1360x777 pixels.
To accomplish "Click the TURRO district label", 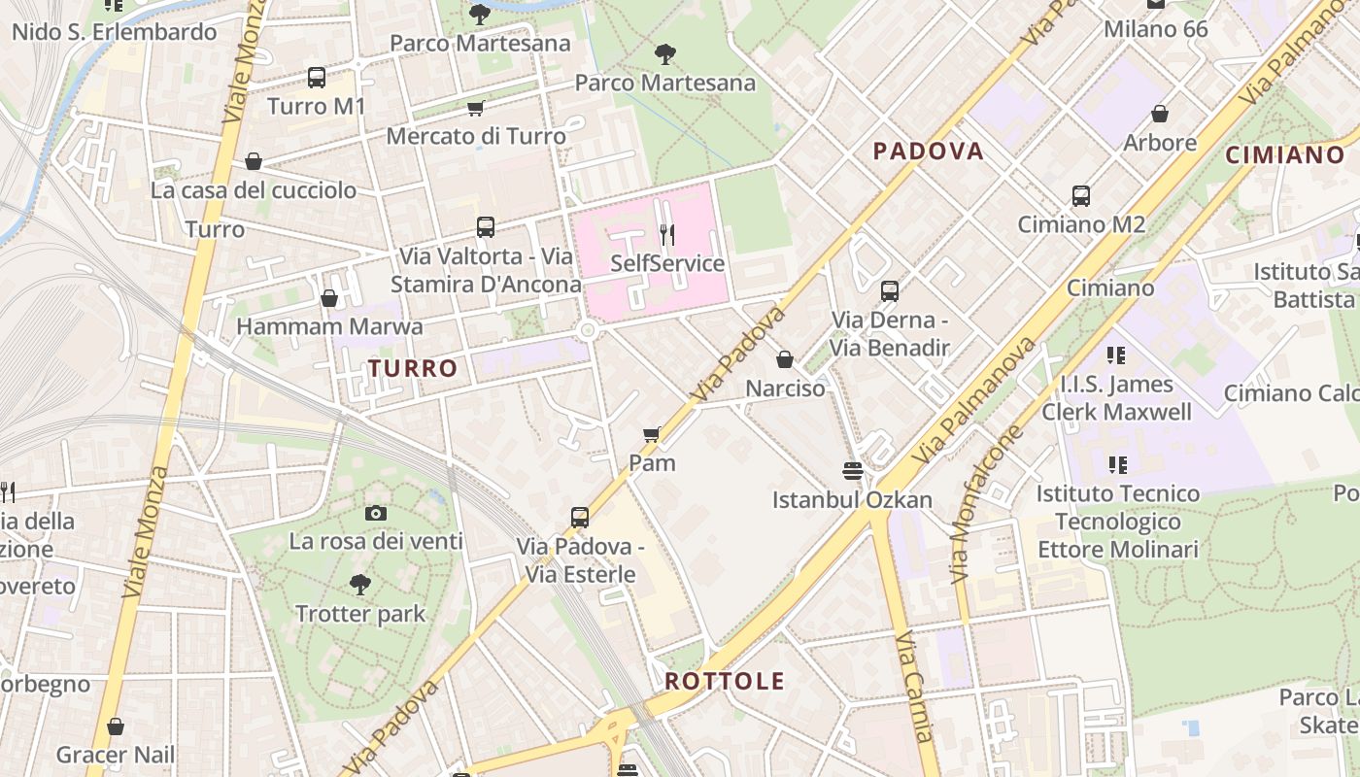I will [x=413, y=368].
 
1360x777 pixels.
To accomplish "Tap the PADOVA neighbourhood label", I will [x=928, y=151].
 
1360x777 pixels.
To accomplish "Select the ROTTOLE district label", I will [x=724, y=681].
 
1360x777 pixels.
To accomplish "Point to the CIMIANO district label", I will [x=1285, y=154].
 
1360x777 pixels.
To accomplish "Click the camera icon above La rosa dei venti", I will [x=376, y=513].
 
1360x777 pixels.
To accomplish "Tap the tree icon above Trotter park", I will [x=360, y=585].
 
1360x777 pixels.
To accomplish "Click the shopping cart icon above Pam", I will [x=652, y=434].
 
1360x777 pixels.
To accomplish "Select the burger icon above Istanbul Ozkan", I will [x=853, y=472].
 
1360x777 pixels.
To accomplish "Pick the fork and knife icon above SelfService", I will [x=667, y=235].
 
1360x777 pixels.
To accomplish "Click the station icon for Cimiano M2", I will [x=1081, y=196].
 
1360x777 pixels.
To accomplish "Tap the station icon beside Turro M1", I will [x=317, y=78].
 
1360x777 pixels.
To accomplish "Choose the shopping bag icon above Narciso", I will [x=785, y=360].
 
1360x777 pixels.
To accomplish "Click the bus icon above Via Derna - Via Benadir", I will [x=889, y=290].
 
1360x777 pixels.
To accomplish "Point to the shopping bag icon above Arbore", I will [x=1159, y=115].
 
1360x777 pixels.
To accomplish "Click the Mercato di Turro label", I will [x=476, y=136].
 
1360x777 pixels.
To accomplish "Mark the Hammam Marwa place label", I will [x=329, y=326].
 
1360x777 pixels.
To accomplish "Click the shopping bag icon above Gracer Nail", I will [x=116, y=726].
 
